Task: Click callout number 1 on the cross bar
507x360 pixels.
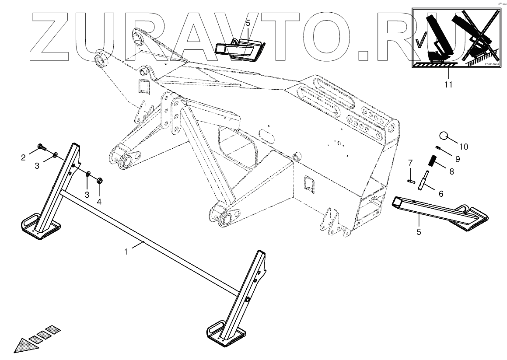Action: (x=126, y=252)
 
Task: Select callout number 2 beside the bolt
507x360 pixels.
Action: (x=24, y=157)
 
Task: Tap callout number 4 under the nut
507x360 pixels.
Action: (x=99, y=202)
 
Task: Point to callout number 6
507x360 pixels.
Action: (x=441, y=193)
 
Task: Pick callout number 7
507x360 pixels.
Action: (x=410, y=163)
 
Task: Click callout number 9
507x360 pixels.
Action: (x=458, y=159)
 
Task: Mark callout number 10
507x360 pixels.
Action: (x=463, y=147)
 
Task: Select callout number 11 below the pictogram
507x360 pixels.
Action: (x=448, y=84)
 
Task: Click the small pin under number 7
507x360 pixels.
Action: (x=411, y=179)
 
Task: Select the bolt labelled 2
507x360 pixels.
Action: (x=41, y=147)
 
